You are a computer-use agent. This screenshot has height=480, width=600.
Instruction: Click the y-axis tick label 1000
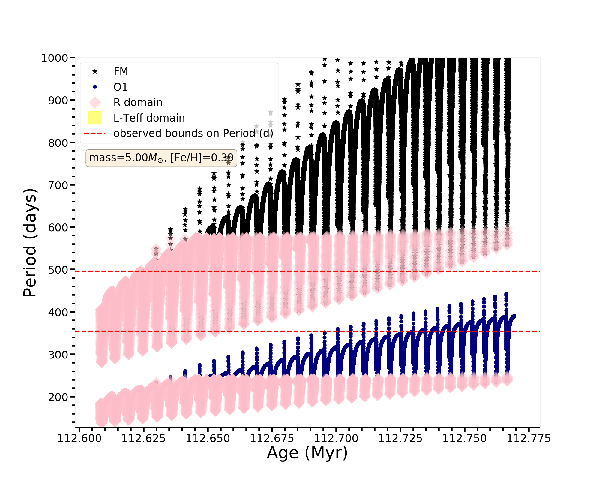[55, 58]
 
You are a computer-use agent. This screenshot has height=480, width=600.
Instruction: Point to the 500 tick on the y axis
[58, 270]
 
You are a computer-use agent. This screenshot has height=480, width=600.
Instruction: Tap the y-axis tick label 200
[58, 397]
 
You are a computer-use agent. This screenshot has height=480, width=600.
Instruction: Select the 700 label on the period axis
[58, 185]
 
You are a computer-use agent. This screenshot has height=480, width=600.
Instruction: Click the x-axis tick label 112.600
[79, 439]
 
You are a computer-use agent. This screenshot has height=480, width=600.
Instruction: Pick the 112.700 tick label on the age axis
[336, 439]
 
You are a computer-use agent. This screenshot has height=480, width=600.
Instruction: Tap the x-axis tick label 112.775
[529, 439]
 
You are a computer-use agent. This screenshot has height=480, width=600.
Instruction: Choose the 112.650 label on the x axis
[208, 439]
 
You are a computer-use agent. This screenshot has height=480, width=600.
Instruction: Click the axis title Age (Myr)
[307, 453]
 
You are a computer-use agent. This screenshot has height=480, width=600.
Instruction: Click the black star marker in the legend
[95, 71]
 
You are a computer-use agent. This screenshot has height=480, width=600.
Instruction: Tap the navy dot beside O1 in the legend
[95, 87]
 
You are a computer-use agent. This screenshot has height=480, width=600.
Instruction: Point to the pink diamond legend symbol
[95, 102]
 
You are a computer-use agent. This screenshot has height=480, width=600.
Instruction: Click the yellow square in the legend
[95, 118]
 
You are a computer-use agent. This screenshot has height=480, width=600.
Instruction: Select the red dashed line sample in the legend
[95, 133]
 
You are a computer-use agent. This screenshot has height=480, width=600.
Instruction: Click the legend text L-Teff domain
[149, 118]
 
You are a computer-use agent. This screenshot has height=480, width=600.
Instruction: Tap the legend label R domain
[138, 102]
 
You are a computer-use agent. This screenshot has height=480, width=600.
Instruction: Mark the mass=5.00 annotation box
[161, 157]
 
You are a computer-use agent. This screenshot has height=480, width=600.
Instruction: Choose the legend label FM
[121, 71]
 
